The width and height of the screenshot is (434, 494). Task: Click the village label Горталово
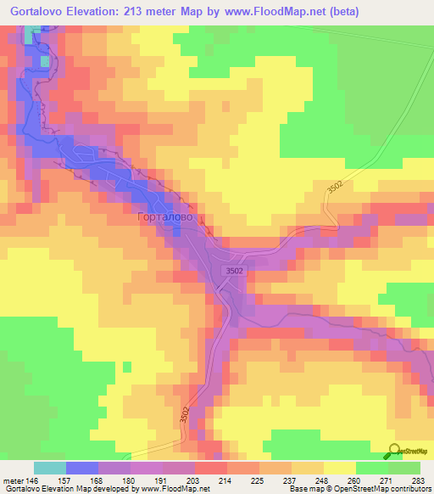166,218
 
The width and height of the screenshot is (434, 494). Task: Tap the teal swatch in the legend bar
49,468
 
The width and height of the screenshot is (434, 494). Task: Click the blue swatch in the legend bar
81,468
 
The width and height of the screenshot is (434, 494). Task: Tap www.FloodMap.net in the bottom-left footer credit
175,490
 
